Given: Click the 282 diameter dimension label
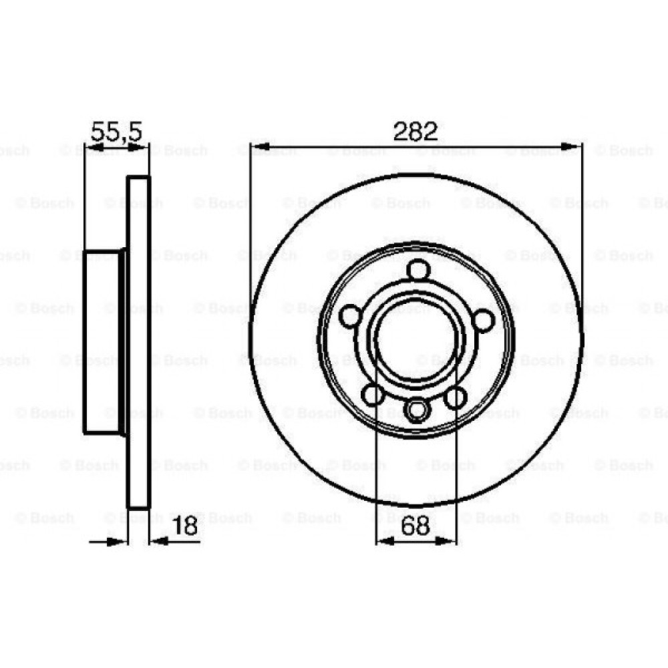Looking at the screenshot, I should point(415,131).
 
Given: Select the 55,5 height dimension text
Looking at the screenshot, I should point(116,131).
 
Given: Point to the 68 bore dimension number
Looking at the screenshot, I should point(415,526).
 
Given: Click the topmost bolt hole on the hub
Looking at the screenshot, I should point(417,271).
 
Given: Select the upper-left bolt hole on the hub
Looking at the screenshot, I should point(350,317).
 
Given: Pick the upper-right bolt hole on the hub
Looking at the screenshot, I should point(482,319).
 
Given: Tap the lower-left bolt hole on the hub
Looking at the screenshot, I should point(373,395).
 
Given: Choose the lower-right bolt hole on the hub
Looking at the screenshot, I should point(456,398).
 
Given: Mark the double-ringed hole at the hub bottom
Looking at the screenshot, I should point(416,408).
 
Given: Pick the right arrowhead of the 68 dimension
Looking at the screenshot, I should point(448,541).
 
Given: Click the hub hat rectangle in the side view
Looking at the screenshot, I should point(102,341).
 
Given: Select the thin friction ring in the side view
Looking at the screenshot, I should point(139,341).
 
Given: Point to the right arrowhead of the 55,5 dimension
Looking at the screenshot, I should point(142,146).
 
